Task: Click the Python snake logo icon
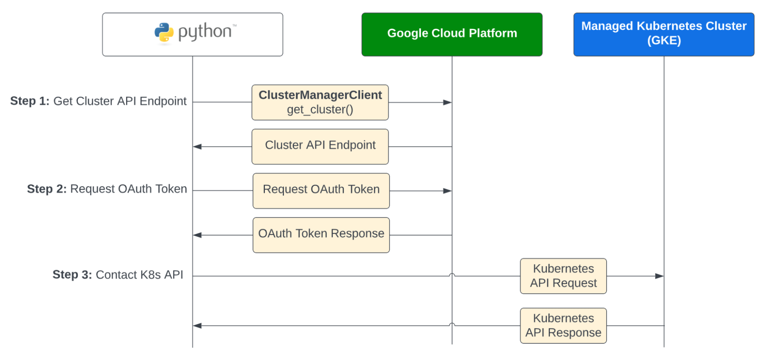(x=164, y=32)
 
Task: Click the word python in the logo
(x=205, y=32)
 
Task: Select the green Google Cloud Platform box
(x=452, y=34)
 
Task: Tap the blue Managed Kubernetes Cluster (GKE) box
(x=663, y=34)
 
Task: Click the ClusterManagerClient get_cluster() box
(x=320, y=102)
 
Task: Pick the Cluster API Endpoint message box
(x=320, y=146)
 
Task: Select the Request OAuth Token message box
(x=321, y=190)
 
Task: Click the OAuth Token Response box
(x=321, y=235)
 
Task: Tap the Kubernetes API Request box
(x=563, y=276)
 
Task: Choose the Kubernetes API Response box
(x=563, y=325)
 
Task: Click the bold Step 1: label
(x=30, y=101)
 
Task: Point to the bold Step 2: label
(x=47, y=189)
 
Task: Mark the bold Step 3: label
(x=72, y=275)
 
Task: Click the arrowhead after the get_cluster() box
(x=447, y=102)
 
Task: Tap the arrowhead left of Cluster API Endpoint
(x=198, y=146)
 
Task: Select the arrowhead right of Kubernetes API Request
(x=659, y=276)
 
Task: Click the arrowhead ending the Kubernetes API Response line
(x=198, y=325)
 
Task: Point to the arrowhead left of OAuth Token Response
(x=198, y=235)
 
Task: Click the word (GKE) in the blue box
(x=663, y=41)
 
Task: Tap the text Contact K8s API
(x=139, y=275)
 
